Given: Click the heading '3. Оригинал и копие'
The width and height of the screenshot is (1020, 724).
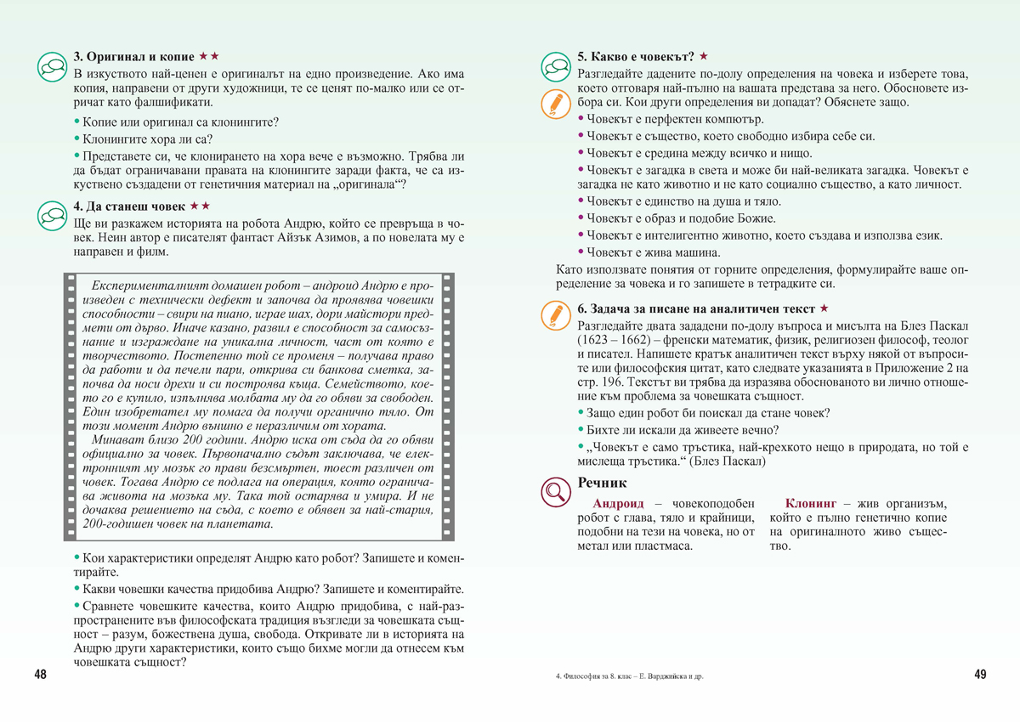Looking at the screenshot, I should (x=133, y=57).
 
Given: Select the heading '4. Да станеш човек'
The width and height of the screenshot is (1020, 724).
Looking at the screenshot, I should (x=130, y=206).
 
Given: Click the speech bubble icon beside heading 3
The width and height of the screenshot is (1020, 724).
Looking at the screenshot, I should (x=53, y=65).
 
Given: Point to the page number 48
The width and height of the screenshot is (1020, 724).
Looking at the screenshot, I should (x=41, y=675).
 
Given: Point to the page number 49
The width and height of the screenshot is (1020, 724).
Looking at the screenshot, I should (x=980, y=675).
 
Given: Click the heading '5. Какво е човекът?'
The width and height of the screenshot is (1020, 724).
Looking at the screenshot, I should (x=635, y=57).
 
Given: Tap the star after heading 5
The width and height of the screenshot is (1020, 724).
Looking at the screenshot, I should (x=704, y=57).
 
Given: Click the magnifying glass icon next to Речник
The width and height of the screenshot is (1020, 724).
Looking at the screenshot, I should (x=556, y=490).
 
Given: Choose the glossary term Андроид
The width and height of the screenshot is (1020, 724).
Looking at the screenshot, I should (x=621, y=503).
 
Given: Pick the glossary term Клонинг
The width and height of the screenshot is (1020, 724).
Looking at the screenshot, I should (x=812, y=503).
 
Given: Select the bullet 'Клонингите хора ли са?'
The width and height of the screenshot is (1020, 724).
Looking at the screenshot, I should (x=147, y=139).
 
